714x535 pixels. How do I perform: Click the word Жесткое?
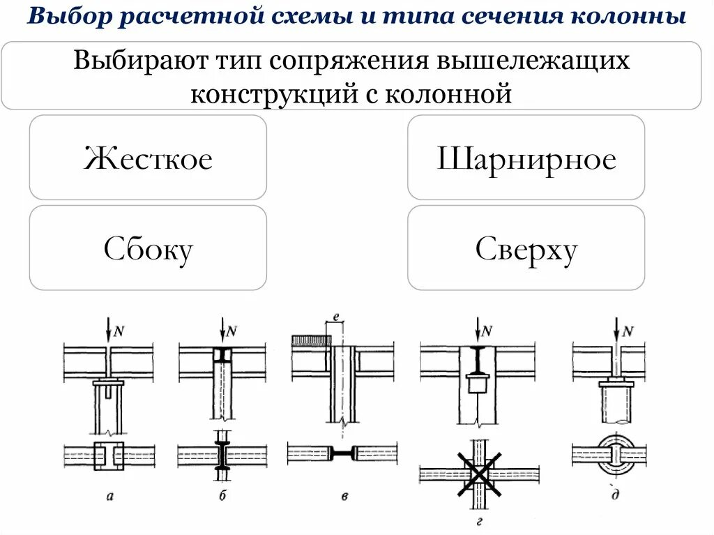click(148, 159)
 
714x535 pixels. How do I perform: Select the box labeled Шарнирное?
click(526, 159)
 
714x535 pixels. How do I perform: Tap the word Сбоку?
click(148, 249)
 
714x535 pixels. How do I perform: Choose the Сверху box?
click(526, 249)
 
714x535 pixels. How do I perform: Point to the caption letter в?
click(344, 496)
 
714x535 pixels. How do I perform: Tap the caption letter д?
click(615, 496)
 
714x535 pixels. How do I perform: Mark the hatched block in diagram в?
click(310, 340)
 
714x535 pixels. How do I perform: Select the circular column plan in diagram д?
click(616, 454)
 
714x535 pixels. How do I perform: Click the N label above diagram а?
click(119, 331)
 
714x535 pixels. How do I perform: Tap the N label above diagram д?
click(627, 331)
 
